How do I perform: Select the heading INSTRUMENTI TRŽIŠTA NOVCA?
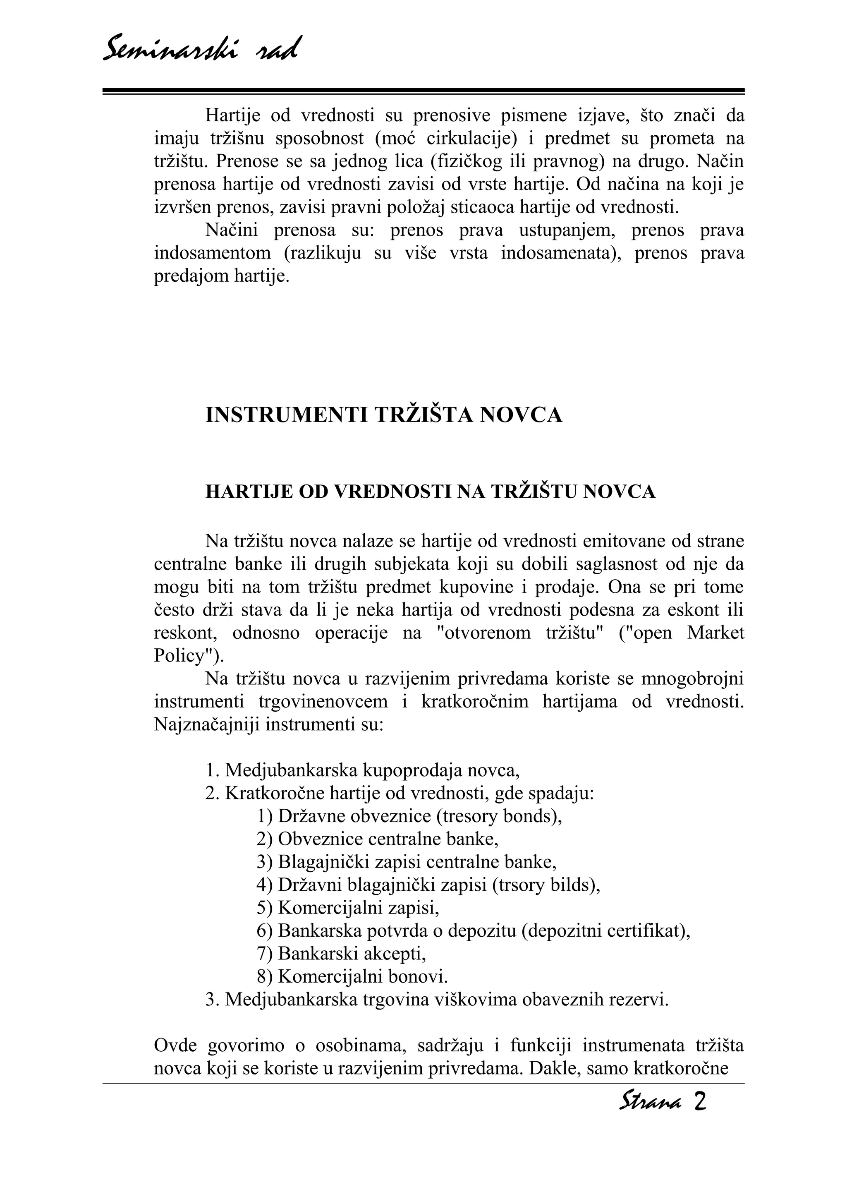[x=384, y=415]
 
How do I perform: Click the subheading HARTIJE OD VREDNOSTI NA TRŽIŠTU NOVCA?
[x=431, y=492]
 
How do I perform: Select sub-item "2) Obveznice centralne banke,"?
[x=377, y=839]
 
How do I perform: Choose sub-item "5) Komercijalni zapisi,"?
[x=348, y=908]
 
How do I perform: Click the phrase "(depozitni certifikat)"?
[x=605, y=930]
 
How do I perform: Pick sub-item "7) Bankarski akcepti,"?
[x=341, y=954]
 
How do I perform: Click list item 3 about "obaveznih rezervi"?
[x=437, y=1000]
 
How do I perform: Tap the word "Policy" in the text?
[x=178, y=655]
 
